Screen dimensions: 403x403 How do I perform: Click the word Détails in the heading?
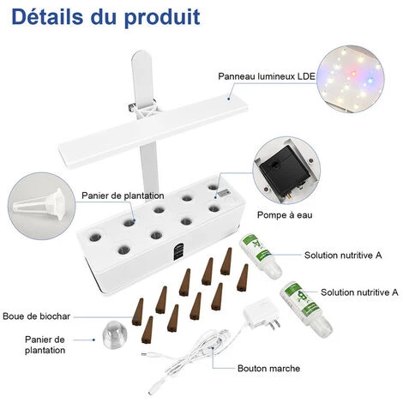click(x=48, y=16)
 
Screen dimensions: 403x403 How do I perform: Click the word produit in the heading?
click(x=162, y=18)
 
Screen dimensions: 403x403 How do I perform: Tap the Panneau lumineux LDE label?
click(x=267, y=76)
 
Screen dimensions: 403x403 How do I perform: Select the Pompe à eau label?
click(x=285, y=215)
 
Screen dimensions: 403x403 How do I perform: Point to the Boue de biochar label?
click(x=36, y=316)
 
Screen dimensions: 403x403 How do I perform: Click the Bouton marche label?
click(x=268, y=368)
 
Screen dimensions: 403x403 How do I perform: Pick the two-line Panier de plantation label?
click(x=45, y=345)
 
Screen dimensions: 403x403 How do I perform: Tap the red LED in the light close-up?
click(x=353, y=73)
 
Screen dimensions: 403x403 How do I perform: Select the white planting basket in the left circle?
click(x=40, y=203)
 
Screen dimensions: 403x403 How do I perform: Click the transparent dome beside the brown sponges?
click(x=114, y=334)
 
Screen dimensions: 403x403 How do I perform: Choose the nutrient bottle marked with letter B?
click(x=305, y=310)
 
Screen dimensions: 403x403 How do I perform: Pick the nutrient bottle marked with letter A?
click(x=260, y=256)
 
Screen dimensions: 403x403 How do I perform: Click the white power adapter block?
click(x=257, y=312)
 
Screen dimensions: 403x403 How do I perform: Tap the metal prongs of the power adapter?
click(x=274, y=323)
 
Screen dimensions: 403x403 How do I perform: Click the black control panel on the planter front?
click(x=178, y=251)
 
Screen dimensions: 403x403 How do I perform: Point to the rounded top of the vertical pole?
click(x=141, y=55)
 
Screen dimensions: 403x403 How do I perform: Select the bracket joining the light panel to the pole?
click(x=144, y=109)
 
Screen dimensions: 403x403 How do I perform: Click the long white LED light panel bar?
click(x=153, y=131)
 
